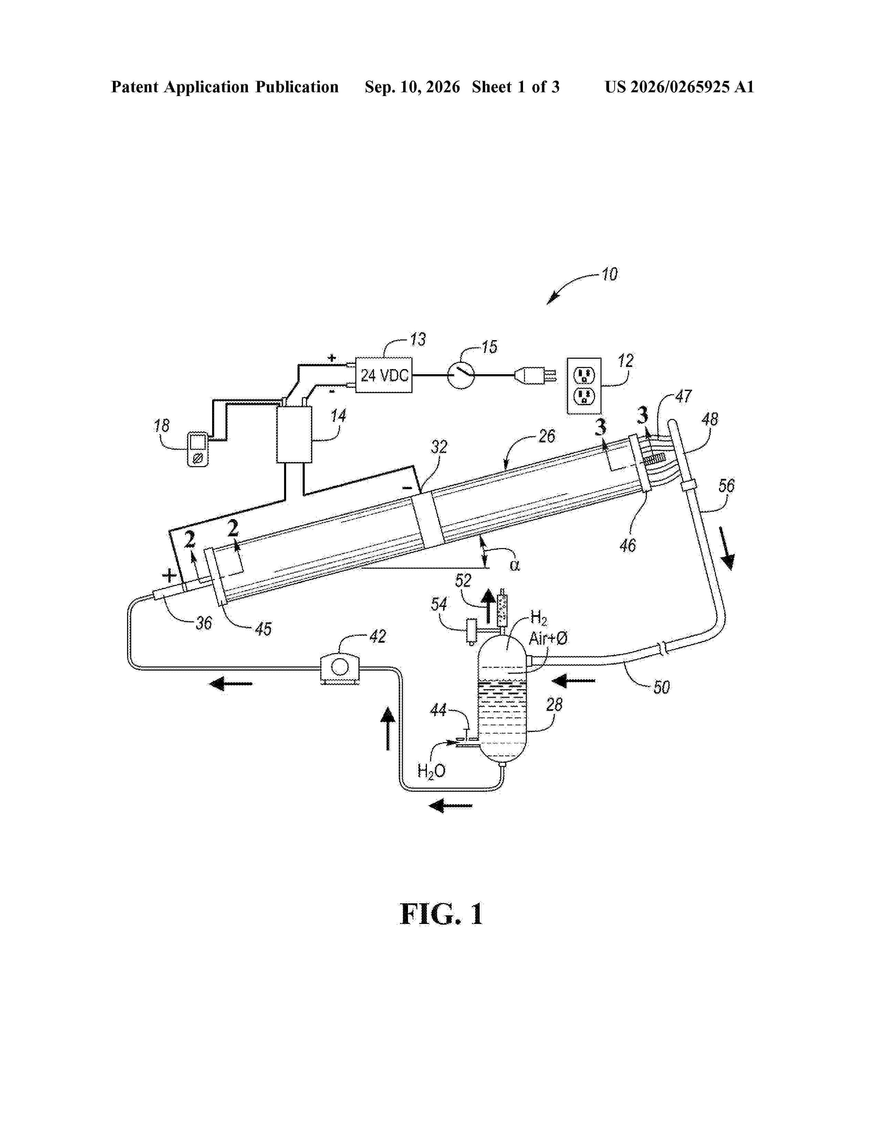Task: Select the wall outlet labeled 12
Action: pyautogui.click(x=584, y=386)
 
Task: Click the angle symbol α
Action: pyautogui.click(x=514, y=565)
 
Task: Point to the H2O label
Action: pyautogui.click(x=431, y=771)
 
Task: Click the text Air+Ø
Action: pyautogui.click(x=548, y=638)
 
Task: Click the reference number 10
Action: pyautogui.click(x=609, y=274)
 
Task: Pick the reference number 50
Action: pyautogui.click(x=661, y=688)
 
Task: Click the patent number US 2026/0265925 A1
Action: pyautogui.click(x=679, y=87)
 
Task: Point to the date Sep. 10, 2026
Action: pyautogui.click(x=412, y=87)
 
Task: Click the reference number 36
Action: pyautogui.click(x=204, y=623)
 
